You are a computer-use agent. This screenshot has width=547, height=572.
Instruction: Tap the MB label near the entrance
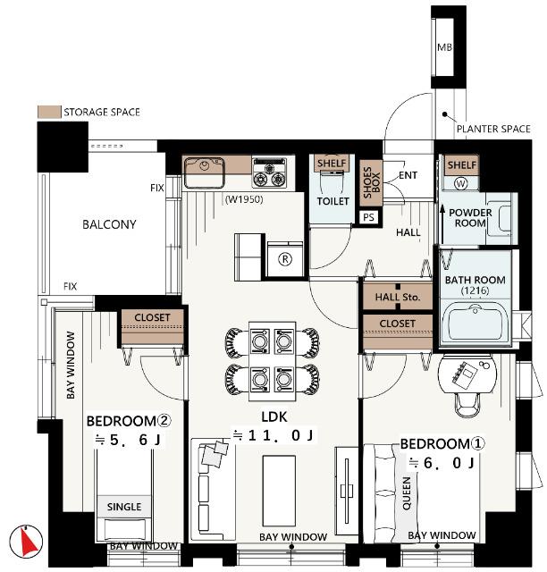[444, 47]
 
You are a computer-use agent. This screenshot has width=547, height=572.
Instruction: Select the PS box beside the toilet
[368, 217]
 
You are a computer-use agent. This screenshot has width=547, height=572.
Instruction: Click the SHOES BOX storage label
[372, 182]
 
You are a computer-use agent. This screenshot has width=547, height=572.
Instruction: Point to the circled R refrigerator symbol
[285, 259]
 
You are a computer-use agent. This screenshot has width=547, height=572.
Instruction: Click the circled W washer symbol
[460, 183]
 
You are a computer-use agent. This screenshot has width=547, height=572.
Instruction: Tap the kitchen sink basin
[204, 172]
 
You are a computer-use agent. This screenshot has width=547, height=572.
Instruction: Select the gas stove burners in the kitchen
[270, 172]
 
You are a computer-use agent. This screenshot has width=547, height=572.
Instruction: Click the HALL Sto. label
[398, 297]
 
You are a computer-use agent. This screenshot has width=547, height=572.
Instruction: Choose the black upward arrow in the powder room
[442, 224]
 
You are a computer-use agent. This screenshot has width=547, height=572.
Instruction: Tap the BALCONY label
[109, 224]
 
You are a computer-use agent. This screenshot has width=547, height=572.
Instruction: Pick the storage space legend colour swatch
[49, 112]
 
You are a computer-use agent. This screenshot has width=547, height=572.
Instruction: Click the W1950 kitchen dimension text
[244, 199]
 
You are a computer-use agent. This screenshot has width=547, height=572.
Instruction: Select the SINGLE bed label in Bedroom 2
[124, 507]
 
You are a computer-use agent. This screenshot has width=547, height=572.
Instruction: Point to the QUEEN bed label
[406, 492]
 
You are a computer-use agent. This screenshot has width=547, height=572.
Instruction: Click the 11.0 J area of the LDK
[273, 435]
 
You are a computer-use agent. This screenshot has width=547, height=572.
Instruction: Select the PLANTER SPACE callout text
[493, 129]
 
